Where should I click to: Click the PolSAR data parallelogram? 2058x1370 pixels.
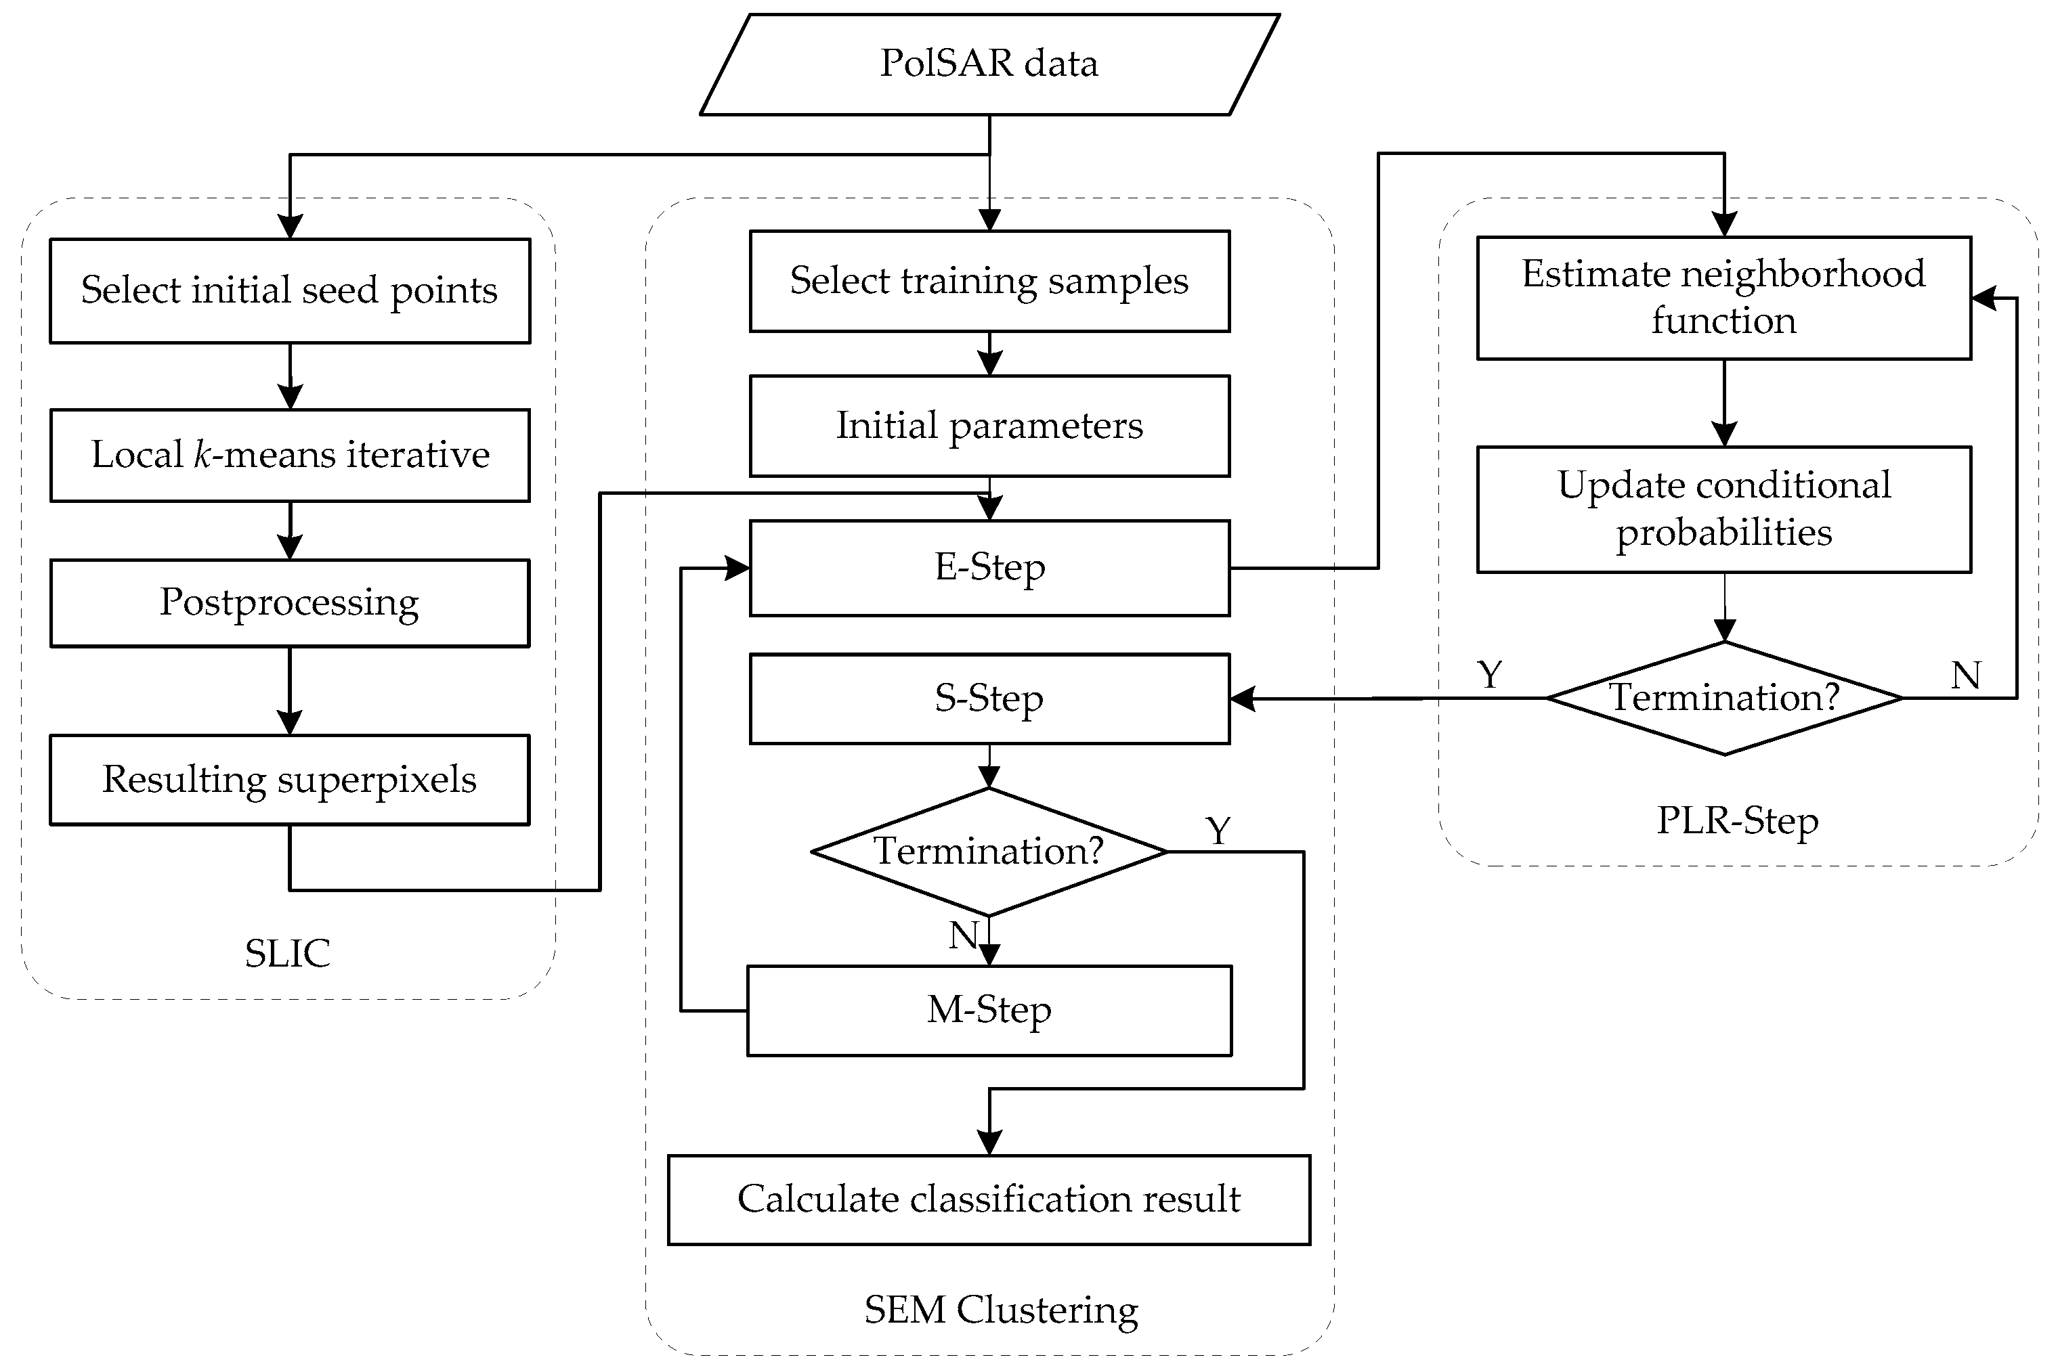pyautogui.click(x=989, y=64)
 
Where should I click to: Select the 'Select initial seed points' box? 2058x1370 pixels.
pyautogui.click(x=289, y=290)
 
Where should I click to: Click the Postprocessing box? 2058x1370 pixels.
pyautogui.click(x=289, y=603)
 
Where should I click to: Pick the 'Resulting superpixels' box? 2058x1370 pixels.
pyautogui.click(x=289, y=779)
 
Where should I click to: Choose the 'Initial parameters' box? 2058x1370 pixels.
pyautogui.click(x=989, y=426)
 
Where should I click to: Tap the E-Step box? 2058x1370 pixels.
pyautogui.click(x=989, y=568)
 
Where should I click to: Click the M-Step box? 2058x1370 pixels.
pyautogui.click(x=989, y=1011)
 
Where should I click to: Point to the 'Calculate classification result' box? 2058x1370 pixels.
pyautogui.click(x=989, y=1199)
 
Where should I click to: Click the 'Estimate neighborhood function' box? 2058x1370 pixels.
pyautogui.click(x=1723, y=298)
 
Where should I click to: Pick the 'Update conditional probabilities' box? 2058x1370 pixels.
pyautogui.click(x=1723, y=510)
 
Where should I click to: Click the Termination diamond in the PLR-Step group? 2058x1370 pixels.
pyautogui.click(x=1723, y=698)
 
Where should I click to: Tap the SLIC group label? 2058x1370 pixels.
pyautogui.click(x=288, y=953)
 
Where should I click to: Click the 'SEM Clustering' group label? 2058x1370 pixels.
pyautogui.click(x=1002, y=1310)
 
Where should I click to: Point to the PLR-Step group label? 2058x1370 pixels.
pyautogui.click(x=1737, y=820)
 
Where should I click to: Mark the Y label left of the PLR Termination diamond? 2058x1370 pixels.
pyautogui.click(x=1490, y=675)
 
